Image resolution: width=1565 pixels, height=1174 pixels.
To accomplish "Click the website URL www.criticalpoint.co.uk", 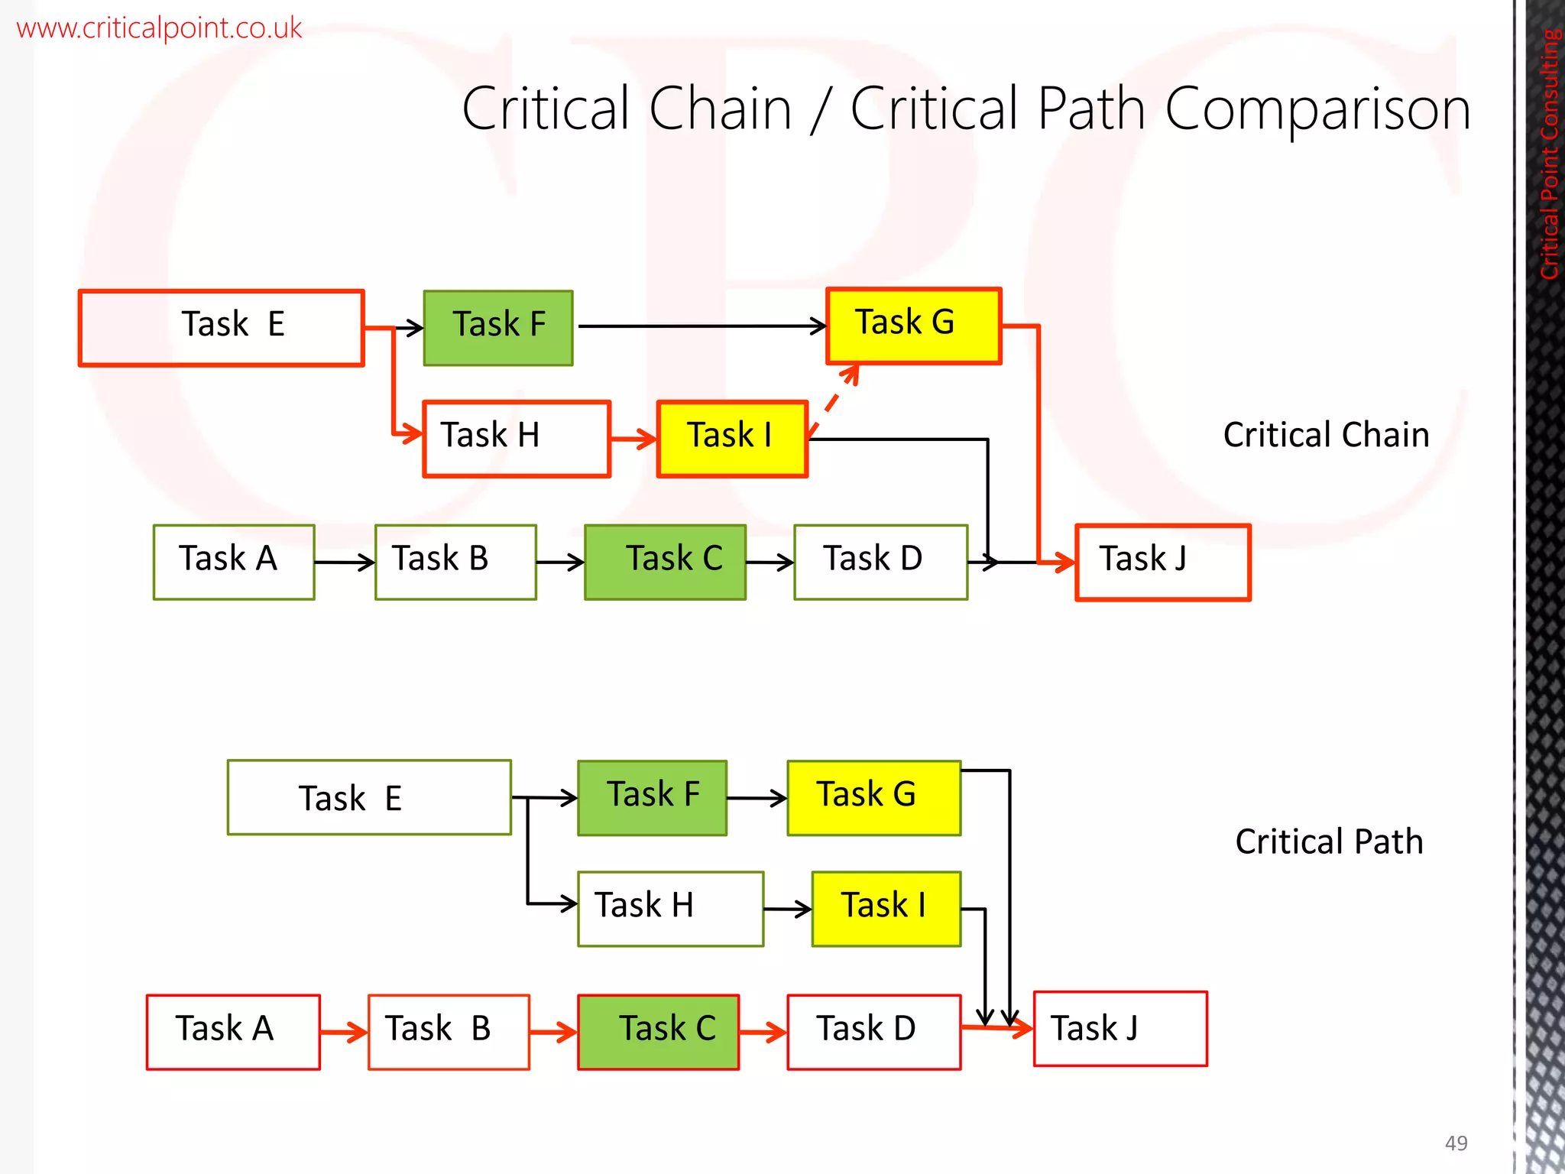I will pyautogui.click(x=159, y=28).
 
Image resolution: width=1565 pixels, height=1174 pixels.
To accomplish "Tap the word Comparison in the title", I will pyautogui.click(x=1317, y=109).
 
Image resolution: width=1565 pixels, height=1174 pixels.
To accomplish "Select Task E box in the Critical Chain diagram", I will pyautogui.click(x=222, y=328).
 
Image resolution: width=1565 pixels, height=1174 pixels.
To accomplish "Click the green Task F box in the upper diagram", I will pyautogui.click(x=498, y=328).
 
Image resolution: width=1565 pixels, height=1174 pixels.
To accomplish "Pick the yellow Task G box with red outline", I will pyautogui.click(x=914, y=326).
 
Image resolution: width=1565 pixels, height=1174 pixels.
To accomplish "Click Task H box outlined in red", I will pyautogui.click(x=517, y=439).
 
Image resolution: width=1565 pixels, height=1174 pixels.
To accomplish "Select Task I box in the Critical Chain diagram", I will pyautogui.click(x=732, y=439).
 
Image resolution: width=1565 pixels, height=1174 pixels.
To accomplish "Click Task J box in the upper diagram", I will pyautogui.click(x=1162, y=563).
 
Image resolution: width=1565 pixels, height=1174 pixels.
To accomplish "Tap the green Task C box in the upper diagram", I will pyautogui.click(x=665, y=562).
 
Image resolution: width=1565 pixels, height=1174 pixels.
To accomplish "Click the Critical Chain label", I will pyautogui.click(x=1326, y=435).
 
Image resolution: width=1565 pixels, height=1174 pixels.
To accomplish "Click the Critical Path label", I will pyautogui.click(x=1329, y=842).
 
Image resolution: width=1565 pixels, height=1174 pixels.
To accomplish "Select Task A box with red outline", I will pyautogui.click(x=233, y=1032).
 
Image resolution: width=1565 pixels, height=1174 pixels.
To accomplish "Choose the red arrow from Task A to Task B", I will pyautogui.click(x=344, y=1033).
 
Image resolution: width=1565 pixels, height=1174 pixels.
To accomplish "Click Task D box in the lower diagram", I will pyautogui.click(x=873, y=1032).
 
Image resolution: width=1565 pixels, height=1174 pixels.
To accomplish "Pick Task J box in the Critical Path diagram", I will pyautogui.click(x=1120, y=1029).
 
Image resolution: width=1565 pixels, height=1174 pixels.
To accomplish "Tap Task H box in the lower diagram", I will pyautogui.click(x=670, y=909).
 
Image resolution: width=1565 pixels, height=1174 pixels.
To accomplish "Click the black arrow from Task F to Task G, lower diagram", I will pyautogui.click(x=757, y=799).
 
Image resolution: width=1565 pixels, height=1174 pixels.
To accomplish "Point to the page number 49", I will pyautogui.click(x=1456, y=1143).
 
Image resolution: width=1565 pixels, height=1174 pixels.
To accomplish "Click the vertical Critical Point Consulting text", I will pyautogui.click(x=1549, y=153).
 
